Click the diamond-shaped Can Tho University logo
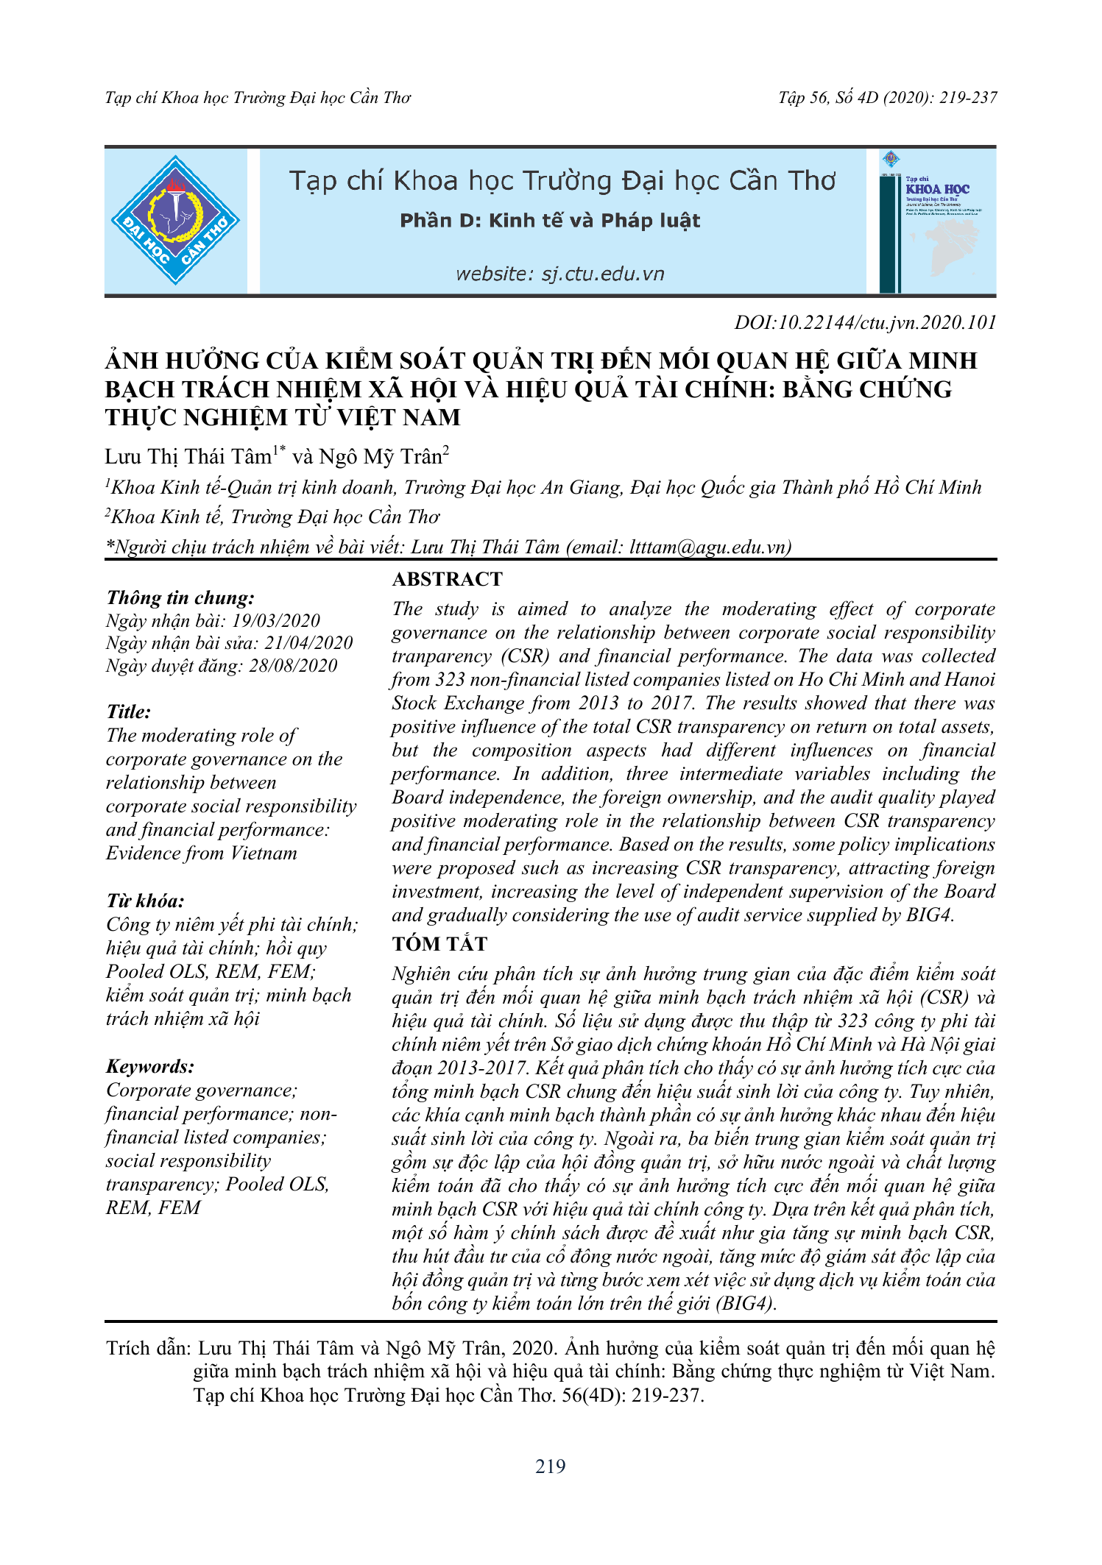(x=175, y=221)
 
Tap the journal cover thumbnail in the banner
(x=937, y=221)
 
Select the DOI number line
(x=865, y=323)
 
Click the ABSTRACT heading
(x=447, y=580)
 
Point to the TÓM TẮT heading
(x=439, y=944)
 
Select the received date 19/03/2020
(x=276, y=621)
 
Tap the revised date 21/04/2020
(x=308, y=643)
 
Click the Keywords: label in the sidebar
(x=150, y=1067)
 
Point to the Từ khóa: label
(x=145, y=901)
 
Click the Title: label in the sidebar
(x=129, y=712)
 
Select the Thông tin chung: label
(x=180, y=598)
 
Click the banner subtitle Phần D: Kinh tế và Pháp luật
(x=550, y=221)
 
